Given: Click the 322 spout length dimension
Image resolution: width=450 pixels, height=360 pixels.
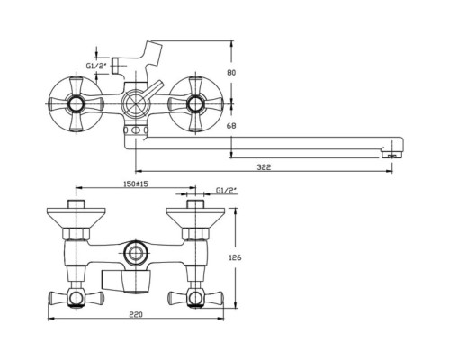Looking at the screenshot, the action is (x=264, y=167).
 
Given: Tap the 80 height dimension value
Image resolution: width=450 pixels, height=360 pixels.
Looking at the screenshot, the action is (x=231, y=73).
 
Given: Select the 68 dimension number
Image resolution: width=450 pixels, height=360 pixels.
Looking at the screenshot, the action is (x=231, y=126).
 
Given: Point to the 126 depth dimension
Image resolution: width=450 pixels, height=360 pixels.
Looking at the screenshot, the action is (x=235, y=257).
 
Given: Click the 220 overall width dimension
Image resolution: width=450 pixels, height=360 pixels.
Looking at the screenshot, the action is (x=136, y=314).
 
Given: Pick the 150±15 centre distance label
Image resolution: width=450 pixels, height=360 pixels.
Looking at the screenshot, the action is (x=136, y=184).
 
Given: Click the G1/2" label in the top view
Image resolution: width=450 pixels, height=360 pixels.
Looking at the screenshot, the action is (x=96, y=66).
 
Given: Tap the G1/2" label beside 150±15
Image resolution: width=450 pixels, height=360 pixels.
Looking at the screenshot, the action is (x=226, y=190).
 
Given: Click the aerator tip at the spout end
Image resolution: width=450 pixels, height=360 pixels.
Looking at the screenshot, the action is (x=392, y=156).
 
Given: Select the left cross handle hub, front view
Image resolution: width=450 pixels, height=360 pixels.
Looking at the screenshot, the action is (x=76, y=104).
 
